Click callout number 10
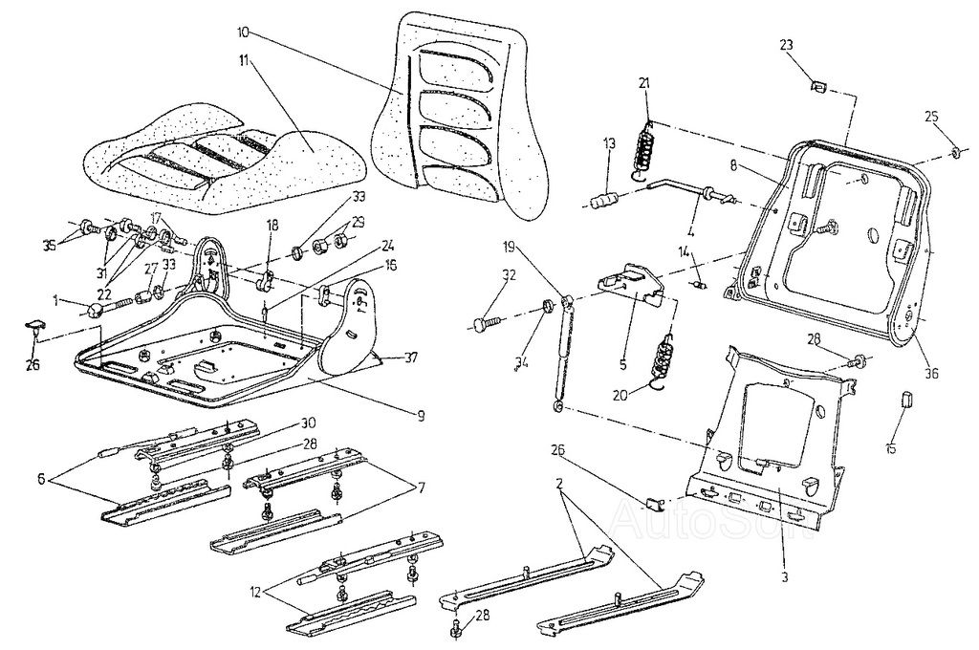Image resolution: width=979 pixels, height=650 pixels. pos(245,32)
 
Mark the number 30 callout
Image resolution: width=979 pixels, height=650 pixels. pos(308,422)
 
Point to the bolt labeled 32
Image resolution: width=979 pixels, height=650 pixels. pos(483,326)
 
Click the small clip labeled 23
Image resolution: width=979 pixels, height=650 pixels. pos(817,88)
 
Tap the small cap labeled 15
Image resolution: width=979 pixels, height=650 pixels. pos(904,398)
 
